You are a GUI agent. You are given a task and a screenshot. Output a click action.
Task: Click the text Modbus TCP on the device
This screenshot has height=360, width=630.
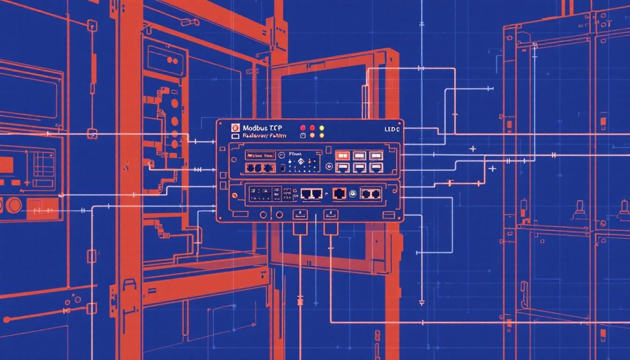click(x=262, y=127)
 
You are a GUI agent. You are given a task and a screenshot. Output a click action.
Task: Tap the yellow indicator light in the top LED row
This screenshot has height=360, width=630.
click(x=322, y=127)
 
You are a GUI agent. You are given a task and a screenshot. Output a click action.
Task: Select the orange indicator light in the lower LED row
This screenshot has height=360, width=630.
click(x=312, y=135)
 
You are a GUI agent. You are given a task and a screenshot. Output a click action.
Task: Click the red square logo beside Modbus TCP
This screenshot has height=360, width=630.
click(x=236, y=127)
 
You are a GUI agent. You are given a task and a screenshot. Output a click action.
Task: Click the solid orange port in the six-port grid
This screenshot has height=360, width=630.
click(x=343, y=156)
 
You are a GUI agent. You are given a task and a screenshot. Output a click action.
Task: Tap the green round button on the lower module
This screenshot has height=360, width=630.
click(x=352, y=193)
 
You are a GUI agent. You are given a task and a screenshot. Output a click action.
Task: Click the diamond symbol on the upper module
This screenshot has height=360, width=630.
click(x=301, y=162)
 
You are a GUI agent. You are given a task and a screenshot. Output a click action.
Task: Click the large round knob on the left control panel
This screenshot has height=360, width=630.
click(x=14, y=205)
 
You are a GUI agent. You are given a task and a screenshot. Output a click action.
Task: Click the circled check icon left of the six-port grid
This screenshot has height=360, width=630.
click(x=329, y=166)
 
